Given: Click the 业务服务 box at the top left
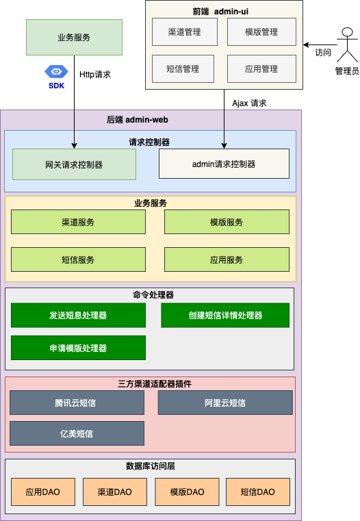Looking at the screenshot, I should pyautogui.click(x=74, y=37).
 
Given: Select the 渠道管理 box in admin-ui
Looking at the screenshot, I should pyautogui.click(x=184, y=31).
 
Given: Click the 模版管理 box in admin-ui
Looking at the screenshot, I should pyautogui.click(x=261, y=31).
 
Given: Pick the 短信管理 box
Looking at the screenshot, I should pyautogui.click(x=184, y=68).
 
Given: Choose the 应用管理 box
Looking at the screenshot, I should pyautogui.click(x=261, y=68).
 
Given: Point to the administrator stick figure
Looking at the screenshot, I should pyautogui.click(x=346, y=44).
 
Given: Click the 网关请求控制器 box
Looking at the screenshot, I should pyautogui.click(x=74, y=164).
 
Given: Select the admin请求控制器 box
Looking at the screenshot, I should pyautogui.click(x=224, y=164).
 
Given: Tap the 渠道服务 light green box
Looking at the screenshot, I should pyautogui.click(x=78, y=222).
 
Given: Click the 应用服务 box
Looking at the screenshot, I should pyautogui.click(x=227, y=259).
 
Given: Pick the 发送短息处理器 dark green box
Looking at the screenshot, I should pyautogui.click(x=78, y=316).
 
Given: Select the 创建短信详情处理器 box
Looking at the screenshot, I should pyautogui.click(x=225, y=316).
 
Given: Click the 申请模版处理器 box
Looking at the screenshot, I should pyautogui.click(x=78, y=348).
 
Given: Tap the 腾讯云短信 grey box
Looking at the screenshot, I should pyautogui.click(x=77, y=403).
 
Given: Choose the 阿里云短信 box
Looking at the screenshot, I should pyautogui.click(x=225, y=403).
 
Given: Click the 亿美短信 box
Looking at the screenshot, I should pyautogui.click(x=77, y=433).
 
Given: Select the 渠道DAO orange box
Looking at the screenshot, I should pyautogui.click(x=114, y=492).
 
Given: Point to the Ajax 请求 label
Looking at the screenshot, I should pyautogui.click(x=249, y=103).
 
